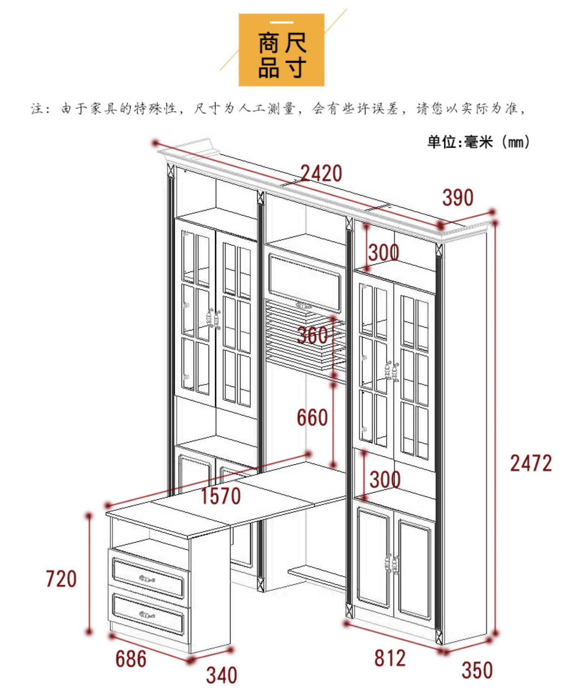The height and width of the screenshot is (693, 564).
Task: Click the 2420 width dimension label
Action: (x=321, y=173)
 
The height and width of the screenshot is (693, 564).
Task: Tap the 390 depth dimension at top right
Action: (x=457, y=198)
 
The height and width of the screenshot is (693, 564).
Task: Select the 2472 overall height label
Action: (x=531, y=463)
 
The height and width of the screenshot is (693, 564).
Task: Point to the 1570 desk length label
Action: (x=221, y=496)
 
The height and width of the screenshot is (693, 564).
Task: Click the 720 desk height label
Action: (x=61, y=578)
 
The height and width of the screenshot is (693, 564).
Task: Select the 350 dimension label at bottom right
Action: (x=477, y=670)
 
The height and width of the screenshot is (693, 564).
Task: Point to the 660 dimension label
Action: (x=312, y=417)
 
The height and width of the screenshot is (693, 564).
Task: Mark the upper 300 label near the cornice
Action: (x=383, y=252)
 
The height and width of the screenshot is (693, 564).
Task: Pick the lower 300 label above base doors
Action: (x=385, y=479)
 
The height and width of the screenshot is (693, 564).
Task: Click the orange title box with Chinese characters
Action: (x=282, y=50)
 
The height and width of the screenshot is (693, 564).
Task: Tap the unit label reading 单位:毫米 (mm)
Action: (x=478, y=142)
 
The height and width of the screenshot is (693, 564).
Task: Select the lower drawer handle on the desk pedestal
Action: (x=147, y=615)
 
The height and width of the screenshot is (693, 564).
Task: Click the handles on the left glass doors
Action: (x=213, y=319)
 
